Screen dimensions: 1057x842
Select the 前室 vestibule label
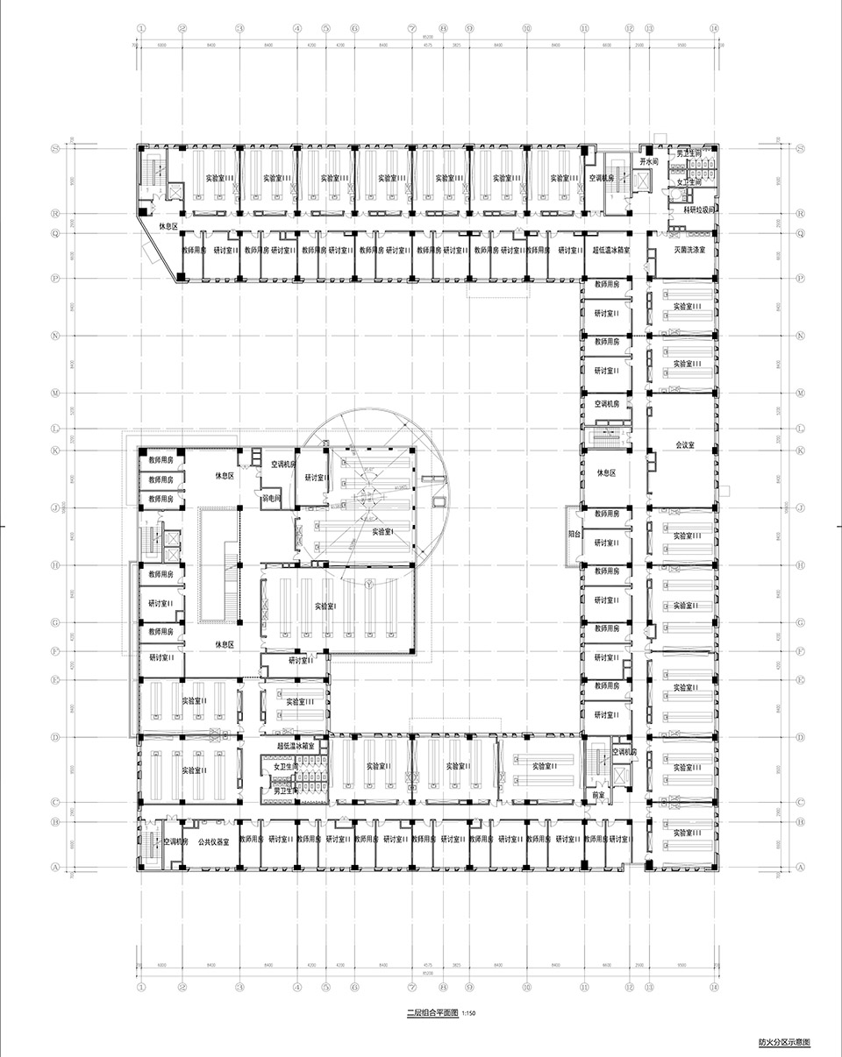pyautogui.click(x=600, y=796)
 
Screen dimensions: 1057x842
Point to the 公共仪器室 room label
pyautogui.click(x=213, y=841)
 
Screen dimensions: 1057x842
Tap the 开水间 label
pyautogui.click(x=649, y=163)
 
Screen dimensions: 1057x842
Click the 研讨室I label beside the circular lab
pyautogui.click(x=315, y=479)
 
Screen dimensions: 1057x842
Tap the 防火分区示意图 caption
pyautogui.click(x=784, y=1043)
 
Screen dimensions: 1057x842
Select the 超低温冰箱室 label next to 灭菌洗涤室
pyautogui.click(x=612, y=251)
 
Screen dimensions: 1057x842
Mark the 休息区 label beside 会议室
pyautogui.click(x=608, y=472)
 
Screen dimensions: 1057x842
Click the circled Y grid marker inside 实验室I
pyautogui.click(x=369, y=582)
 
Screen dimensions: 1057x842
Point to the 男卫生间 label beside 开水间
pyautogui.click(x=689, y=153)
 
